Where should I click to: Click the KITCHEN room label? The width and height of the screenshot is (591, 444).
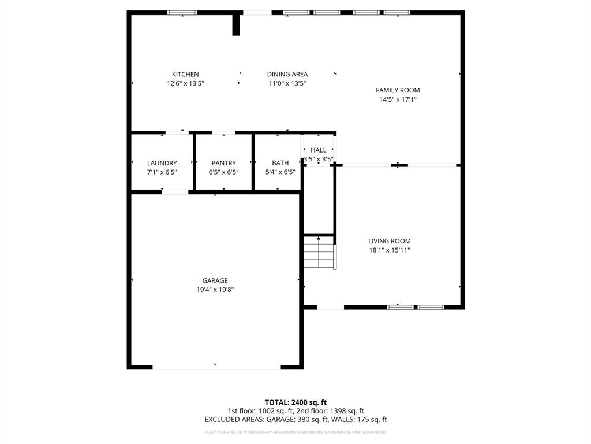pyautogui.click(x=185, y=74)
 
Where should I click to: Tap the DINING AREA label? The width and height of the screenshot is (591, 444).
pyautogui.click(x=287, y=74)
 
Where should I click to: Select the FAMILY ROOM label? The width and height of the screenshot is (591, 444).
pyautogui.click(x=398, y=90)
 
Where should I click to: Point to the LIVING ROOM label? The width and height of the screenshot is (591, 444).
pyautogui.click(x=389, y=241)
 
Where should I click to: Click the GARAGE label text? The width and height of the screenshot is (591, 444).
pyautogui.click(x=215, y=281)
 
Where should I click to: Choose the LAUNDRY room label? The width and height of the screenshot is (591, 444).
pyautogui.click(x=162, y=163)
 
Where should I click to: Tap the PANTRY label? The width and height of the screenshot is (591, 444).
pyautogui.click(x=223, y=163)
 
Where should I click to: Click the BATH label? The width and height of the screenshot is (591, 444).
pyautogui.click(x=280, y=163)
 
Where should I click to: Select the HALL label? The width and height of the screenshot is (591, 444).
pyautogui.click(x=318, y=150)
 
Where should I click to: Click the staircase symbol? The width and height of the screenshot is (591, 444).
pyautogui.click(x=319, y=253)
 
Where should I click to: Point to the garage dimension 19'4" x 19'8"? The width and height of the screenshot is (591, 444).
pyautogui.click(x=215, y=290)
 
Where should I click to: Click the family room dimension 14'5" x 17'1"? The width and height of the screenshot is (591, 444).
pyautogui.click(x=398, y=99)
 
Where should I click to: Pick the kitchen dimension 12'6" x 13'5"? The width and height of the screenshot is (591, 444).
pyautogui.click(x=185, y=83)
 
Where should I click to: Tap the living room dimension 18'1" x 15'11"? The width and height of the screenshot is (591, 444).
pyautogui.click(x=389, y=250)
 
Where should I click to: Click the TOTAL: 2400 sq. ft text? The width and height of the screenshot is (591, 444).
pyautogui.click(x=295, y=402)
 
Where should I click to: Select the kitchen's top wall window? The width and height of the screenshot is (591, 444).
pyautogui.click(x=182, y=13)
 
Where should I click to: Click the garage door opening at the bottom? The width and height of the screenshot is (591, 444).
pyautogui.click(x=216, y=367)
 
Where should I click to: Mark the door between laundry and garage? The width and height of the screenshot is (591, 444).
pyautogui.click(x=175, y=192)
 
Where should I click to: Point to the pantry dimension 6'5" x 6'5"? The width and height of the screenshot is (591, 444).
pyautogui.click(x=223, y=172)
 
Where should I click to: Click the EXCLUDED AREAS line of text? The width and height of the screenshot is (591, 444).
pyautogui.click(x=295, y=420)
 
